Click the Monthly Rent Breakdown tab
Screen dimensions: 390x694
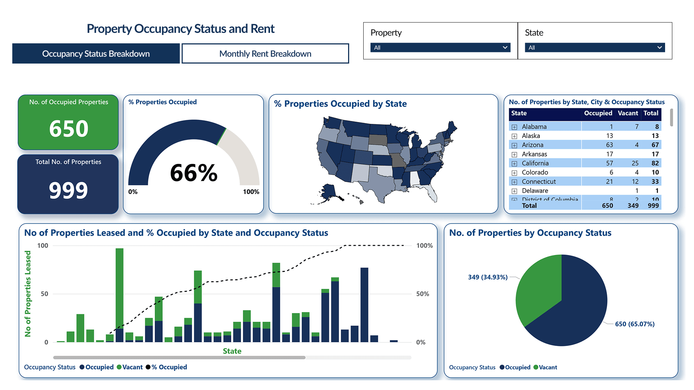point(265,54)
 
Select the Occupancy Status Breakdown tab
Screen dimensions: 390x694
point(96,54)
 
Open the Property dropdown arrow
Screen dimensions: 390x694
point(505,48)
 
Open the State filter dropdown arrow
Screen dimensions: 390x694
point(659,48)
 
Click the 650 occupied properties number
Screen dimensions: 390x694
point(69,129)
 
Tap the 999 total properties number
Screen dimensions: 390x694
point(68,190)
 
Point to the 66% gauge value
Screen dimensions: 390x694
point(194,173)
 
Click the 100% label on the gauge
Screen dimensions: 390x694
point(251,192)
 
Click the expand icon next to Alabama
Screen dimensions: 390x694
point(514,127)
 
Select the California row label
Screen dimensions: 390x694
point(535,163)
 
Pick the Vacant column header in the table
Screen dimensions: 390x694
point(627,113)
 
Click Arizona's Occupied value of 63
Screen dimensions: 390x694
point(609,145)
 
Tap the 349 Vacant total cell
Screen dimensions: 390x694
point(633,205)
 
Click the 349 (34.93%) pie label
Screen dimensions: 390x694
point(488,277)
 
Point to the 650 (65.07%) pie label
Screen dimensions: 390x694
point(634,324)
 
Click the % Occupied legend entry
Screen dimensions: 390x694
point(169,367)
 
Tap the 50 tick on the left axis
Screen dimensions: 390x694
point(44,294)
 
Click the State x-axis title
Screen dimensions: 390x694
point(232,351)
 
